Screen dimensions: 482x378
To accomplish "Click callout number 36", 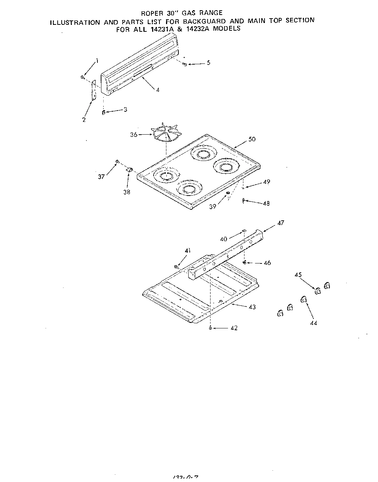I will click(134, 135).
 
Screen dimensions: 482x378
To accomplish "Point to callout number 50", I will click(252, 139).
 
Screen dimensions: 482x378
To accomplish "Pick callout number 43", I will click(252, 307).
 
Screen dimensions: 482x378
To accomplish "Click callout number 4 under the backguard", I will click(157, 90).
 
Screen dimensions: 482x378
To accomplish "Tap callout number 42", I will click(234, 328).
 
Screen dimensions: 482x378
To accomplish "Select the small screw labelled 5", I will click(185, 64).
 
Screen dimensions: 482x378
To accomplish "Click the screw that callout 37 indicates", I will click(117, 161).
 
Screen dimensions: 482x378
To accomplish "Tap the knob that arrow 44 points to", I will click(303, 300).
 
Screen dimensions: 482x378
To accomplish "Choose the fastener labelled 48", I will click(243, 200).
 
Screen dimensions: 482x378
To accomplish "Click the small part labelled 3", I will click(103, 112).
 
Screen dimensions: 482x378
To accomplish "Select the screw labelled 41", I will click(177, 267).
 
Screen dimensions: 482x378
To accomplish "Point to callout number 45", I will click(298, 275).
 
